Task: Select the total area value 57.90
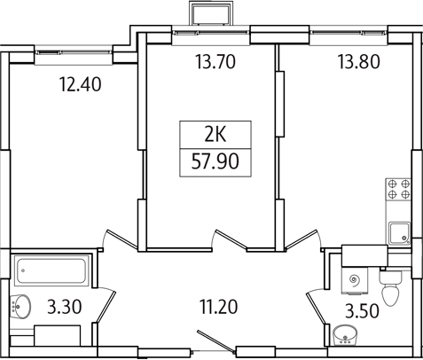pos(214,162)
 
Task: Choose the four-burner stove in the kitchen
pos(397,192)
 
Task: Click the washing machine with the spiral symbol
pos(355,278)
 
